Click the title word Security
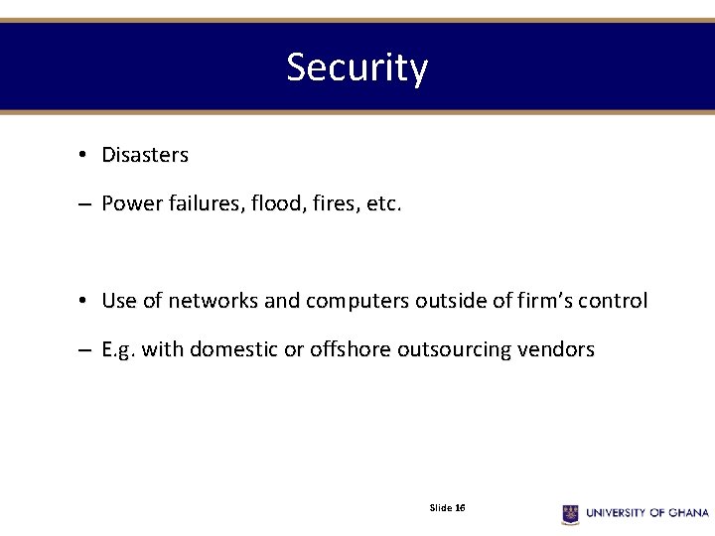pyautogui.click(x=357, y=67)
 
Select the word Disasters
pyautogui.click(x=145, y=155)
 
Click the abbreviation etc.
pyautogui.click(x=384, y=204)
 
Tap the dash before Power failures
pyautogui.click(x=83, y=205)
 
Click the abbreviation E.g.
pyautogui.click(x=119, y=349)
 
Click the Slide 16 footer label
pyautogui.click(x=447, y=508)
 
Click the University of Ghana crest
pyautogui.click(x=571, y=512)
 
